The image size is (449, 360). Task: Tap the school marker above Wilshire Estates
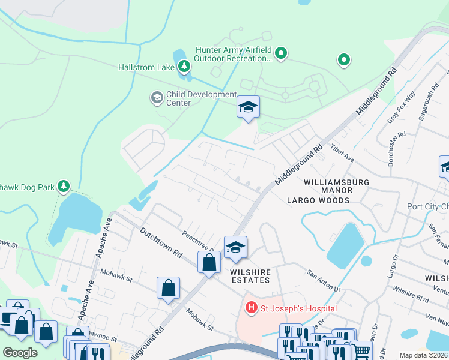click(x=235, y=247)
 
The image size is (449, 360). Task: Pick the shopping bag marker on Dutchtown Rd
click(x=209, y=262)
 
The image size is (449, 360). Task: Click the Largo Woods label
click(x=318, y=200)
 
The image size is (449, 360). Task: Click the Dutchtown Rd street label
click(x=161, y=241)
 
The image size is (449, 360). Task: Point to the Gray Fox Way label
click(x=402, y=107)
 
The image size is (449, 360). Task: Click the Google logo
click(x=20, y=352)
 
